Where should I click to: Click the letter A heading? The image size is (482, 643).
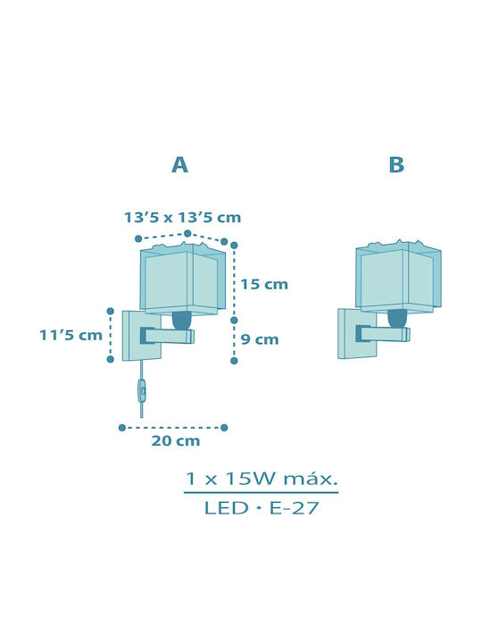tap(180, 165)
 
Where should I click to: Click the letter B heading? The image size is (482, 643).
tap(396, 165)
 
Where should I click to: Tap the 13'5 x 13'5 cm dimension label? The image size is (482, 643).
tap(182, 217)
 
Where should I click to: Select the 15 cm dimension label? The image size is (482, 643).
tap(264, 284)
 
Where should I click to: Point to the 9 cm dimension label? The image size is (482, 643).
tap(260, 339)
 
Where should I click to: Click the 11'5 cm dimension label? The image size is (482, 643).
tap(71, 335)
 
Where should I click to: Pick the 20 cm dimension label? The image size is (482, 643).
tap(176, 441)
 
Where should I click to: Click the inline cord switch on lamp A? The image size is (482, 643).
tap(142, 392)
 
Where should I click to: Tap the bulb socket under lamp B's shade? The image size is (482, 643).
tap(397, 319)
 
